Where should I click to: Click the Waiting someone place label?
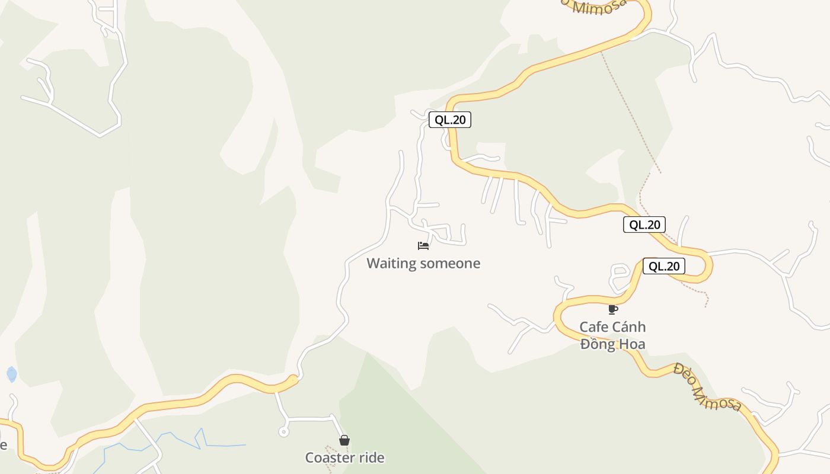coord(423,263)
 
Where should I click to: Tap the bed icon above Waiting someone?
coord(423,245)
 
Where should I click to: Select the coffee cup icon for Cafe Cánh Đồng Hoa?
coord(613,309)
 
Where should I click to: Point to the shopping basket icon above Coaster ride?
coord(344,440)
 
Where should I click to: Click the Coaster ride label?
coord(344,457)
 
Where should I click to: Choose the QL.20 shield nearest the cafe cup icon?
coord(663,266)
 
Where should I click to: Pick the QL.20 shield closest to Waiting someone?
coord(450,120)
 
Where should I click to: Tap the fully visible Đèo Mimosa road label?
coord(707,389)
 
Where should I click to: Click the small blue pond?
coord(11,374)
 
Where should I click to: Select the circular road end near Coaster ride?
coord(283,432)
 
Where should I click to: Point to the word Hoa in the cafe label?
coord(632,344)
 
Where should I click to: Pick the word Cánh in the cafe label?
coord(629,327)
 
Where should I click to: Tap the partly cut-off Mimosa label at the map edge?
coord(599,6)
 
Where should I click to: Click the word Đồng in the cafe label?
coord(598,344)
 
